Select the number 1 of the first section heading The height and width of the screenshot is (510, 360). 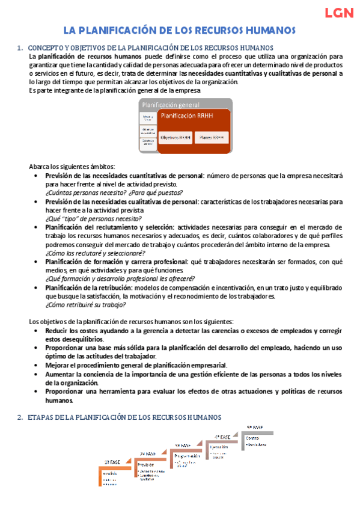coord(20,48)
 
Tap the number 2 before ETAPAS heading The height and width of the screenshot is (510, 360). coord(20,417)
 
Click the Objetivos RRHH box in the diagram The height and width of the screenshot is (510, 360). coord(175,137)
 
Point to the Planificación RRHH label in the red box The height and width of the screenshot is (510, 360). coord(188,115)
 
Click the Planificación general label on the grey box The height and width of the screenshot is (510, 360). coord(171,105)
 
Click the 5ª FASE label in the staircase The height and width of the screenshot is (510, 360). coord(255,427)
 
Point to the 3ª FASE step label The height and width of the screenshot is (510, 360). coord(183,445)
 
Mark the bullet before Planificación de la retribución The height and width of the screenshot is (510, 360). coord(39,287)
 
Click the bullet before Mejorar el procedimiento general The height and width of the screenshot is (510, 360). coord(39,365)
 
